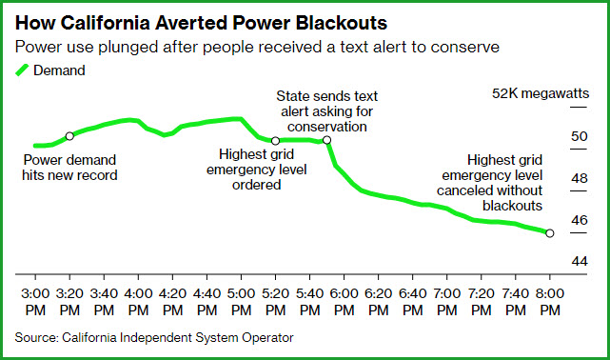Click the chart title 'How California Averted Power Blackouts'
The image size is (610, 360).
click(201, 23)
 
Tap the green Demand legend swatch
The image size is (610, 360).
click(22, 70)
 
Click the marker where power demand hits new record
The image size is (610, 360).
click(69, 136)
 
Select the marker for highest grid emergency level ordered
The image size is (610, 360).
click(275, 141)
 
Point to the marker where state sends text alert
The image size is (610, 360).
click(326, 140)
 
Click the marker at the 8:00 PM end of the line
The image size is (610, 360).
click(550, 233)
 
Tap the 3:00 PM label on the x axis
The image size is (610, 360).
click(35, 302)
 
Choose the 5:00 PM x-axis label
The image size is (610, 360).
click(241, 302)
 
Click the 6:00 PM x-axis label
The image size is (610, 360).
click(344, 302)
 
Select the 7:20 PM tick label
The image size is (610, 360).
click(482, 302)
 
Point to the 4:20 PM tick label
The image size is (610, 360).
click(173, 302)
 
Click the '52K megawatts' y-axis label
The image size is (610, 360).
click(541, 93)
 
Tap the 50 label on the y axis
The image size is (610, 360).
click(580, 136)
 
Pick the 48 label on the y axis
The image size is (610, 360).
click(580, 178)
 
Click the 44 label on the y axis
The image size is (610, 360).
click(580, 261)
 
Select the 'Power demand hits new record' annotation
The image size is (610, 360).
click(69, 168)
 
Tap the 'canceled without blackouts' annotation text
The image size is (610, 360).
click(489, 198)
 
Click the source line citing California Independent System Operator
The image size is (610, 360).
click(154, 337)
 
